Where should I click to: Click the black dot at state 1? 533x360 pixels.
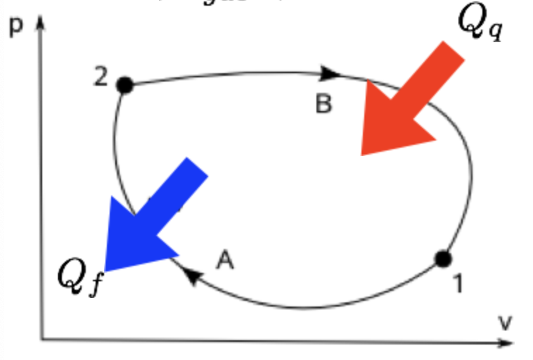click(442, 259)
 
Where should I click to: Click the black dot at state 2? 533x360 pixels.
click(124, 85)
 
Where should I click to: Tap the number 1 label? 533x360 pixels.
click(458, 285)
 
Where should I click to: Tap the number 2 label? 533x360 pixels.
click(101, 77)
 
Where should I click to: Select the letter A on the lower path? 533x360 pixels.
click(224, 261)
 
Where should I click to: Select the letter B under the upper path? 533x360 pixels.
click(323, 104)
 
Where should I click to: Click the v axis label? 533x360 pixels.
click(504, 323)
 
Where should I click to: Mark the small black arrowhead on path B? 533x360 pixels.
click(331, 72)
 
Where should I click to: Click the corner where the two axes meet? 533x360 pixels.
click(42, 340)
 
